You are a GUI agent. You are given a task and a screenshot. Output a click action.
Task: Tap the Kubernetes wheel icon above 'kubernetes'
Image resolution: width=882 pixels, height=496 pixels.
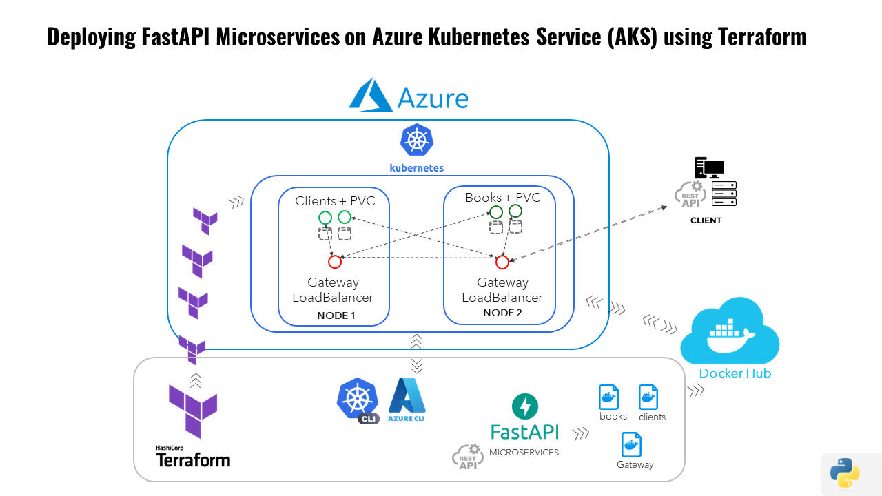416,141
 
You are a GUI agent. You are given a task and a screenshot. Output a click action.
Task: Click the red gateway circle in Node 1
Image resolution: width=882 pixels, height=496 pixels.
335,262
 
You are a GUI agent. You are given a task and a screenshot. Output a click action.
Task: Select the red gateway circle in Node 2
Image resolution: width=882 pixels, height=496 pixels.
502,262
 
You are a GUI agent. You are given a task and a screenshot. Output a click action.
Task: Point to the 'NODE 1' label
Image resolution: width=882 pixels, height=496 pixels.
336,316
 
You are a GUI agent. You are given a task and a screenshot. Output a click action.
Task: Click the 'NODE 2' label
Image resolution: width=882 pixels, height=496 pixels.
502,313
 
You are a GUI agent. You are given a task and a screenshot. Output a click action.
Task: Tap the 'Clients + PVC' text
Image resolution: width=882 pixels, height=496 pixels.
334,200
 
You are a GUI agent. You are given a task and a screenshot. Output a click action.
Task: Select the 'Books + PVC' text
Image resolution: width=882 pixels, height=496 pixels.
502,198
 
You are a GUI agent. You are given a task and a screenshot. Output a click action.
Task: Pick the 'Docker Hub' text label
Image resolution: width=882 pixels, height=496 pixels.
735,373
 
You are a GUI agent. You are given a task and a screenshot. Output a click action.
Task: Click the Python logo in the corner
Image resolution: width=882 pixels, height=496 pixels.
845,473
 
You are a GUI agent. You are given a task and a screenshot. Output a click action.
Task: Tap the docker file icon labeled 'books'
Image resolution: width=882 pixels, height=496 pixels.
608,397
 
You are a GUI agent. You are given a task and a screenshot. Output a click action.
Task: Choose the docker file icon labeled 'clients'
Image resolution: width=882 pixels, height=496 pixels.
648,397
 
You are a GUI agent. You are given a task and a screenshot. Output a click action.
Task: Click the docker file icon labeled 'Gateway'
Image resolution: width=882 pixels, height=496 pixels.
632,444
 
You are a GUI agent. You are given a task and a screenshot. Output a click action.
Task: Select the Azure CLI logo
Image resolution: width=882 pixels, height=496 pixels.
407,400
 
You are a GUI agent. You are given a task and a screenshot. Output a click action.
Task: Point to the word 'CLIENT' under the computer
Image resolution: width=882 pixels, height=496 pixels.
706,220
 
